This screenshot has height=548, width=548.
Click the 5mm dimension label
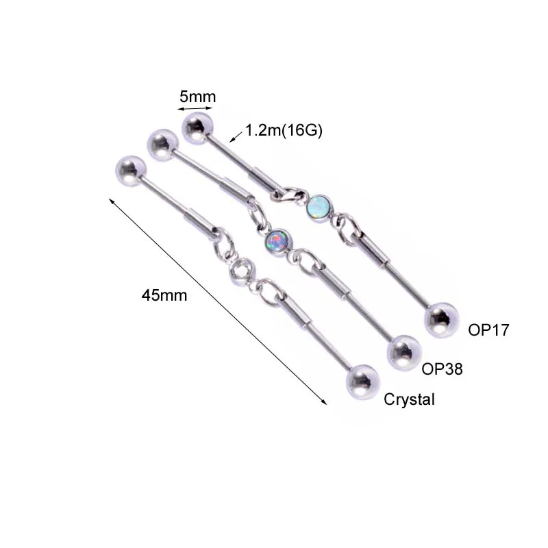pyautogui.click(x=197, y=97)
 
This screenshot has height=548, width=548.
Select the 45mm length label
pyautogui.click(x=164, y=295)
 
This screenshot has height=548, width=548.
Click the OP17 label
pyautogui.click(x=488, y=330)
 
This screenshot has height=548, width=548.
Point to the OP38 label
pyautogui.click(x=442, y=369)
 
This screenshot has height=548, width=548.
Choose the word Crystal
pyautogui.click(x=409, y=400)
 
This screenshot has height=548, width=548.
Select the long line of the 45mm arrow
pyautogui.click(x=218, y=302)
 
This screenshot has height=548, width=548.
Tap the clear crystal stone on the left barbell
pyautogui.click(x=241, y=273)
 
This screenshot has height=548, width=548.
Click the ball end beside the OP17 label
pyautogui.click(x=440, y=320)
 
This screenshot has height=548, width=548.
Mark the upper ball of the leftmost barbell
pyautogui.click(x=131, y=168)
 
